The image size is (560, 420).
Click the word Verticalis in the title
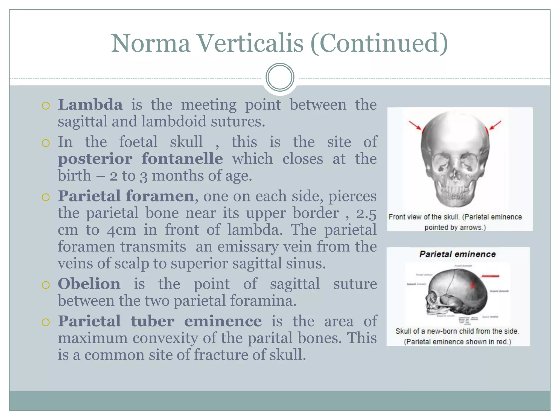[250, 43]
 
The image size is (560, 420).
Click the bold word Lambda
[90, 105]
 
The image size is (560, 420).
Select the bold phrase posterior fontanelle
[140, 159]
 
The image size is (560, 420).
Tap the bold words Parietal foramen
[126, 196]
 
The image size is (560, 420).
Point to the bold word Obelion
[89, 284]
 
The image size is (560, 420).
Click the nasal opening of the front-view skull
[455, 175]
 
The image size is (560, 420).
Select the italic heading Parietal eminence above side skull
[457, 254]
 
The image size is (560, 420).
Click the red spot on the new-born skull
[472, 285]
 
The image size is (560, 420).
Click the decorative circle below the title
[280, 77]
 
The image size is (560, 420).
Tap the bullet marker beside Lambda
[46, 106]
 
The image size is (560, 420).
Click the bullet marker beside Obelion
[46, 285]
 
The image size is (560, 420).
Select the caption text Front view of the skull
[424, 217]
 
